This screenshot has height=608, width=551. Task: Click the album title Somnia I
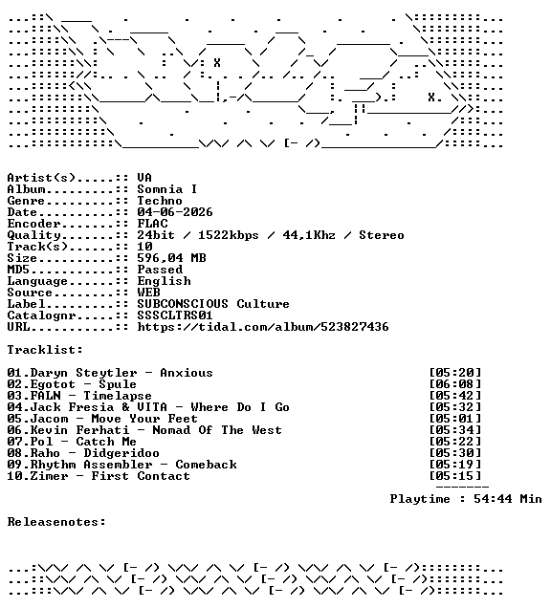coord(167,189)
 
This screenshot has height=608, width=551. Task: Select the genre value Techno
coord(160,201)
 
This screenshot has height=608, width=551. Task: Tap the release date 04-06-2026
coord(175,212)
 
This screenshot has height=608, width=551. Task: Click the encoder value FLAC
coord(152,224)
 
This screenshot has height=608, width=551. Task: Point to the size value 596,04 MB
coord(171,258)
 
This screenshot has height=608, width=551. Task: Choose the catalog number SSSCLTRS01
coord(175,315)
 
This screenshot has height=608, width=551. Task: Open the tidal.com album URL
coord(263,327)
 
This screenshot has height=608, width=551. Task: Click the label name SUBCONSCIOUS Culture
coord(213,304)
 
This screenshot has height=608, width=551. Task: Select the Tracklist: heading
coord(45,350)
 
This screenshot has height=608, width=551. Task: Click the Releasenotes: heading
coord(56,522)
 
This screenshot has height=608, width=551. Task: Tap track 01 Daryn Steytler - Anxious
coord(110,373)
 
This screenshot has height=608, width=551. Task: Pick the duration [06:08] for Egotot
coord(455,384)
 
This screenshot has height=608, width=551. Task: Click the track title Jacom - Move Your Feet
coord(114,419)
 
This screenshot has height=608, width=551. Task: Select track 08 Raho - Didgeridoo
coord(83,453)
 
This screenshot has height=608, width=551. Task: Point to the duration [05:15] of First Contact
coord(455,476)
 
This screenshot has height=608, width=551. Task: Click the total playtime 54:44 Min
coord(508,499)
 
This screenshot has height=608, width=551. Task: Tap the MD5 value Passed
coord(160,270)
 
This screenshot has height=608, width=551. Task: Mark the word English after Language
coord(164,281)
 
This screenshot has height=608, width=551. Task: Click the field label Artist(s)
coord(41,178)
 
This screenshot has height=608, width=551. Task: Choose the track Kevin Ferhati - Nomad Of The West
coord(156,430)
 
